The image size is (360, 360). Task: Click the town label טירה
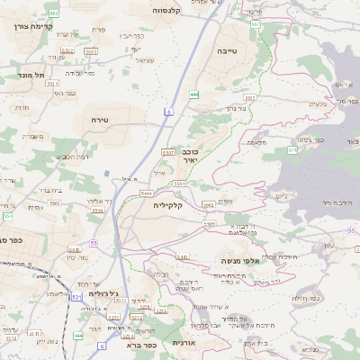click(x=99, y=119)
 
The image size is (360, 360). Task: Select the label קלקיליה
click(x=168, y=206)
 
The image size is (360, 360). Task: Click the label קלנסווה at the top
click(x=168, y=10)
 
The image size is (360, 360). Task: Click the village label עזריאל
click(x=144, y=60)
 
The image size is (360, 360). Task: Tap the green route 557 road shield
click(x=256, y=24)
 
